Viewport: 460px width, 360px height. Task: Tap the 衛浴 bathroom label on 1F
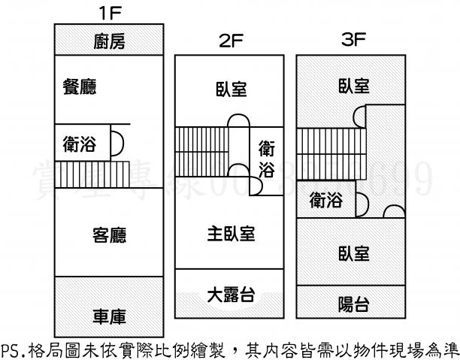80,142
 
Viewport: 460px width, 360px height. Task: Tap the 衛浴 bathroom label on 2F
266,159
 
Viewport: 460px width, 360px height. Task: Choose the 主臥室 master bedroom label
230,234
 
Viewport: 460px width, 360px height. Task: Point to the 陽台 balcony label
353,304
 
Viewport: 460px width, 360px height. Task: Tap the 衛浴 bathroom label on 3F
325,201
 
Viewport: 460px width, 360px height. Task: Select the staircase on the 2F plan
201,150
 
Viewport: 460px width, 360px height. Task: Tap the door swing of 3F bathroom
361,201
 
